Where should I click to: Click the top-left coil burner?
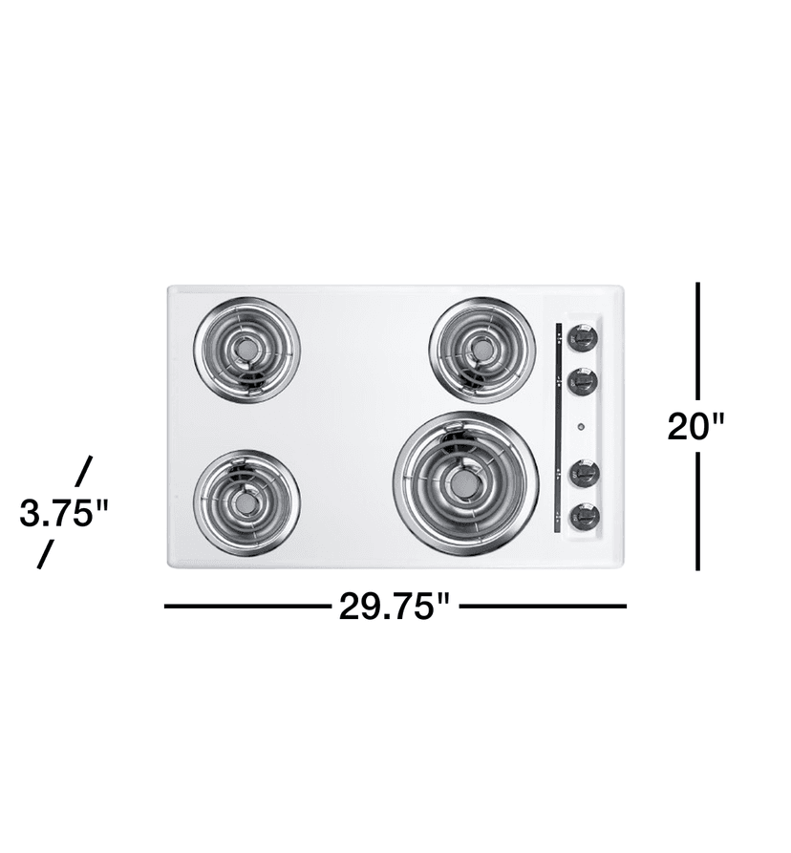click(x=246, y=351)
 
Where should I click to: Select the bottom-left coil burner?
click(x=246, y=501)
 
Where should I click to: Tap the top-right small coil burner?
click(x=482, y=350)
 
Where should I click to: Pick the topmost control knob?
click(x=582, y=337)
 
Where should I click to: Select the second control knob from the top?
click(x=582, y=382)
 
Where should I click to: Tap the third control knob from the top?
click(x=582, y=472)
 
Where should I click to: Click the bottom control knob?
click(x=582, y=517)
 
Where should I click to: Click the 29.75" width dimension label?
click(x=394, y=607)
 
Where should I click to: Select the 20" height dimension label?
click(x=697, y=425)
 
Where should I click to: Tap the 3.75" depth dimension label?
click(x=64, y=514)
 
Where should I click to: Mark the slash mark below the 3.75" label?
click(x=44, y=555)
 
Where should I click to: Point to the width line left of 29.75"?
click(x=248, y=606)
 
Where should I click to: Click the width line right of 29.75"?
click(x=543, y=606)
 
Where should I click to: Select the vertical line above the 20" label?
click(x=698, y=339)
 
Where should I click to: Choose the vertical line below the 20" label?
click(x=698, y=511)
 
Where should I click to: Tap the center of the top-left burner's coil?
click(x=246, y=351)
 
